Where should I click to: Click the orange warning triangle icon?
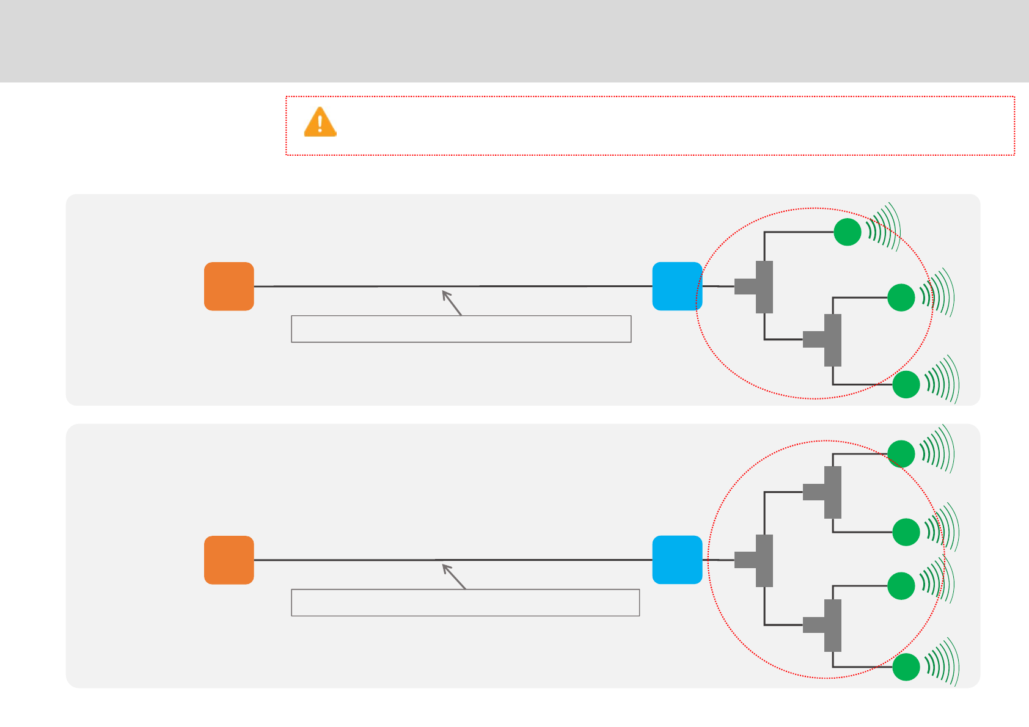[320, 122]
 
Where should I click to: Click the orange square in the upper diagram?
[229, 287]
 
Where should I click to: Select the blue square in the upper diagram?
[677, 287]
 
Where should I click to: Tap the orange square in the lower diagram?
[229, 560]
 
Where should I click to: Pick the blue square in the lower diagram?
[677, 560]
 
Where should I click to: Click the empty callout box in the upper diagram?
[461, 329]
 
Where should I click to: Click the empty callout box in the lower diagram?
[465, 603]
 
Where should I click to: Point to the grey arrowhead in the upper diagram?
[447, 295]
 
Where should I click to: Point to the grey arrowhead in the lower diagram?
[447, 569]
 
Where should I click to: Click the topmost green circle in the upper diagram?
[848, 232]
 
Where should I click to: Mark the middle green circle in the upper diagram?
[901, 298]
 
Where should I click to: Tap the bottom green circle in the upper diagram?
[906, 385]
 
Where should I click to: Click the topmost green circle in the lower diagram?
[901, 454]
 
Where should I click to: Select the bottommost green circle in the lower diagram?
[906, 667]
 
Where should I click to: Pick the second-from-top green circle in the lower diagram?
[906, 532]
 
